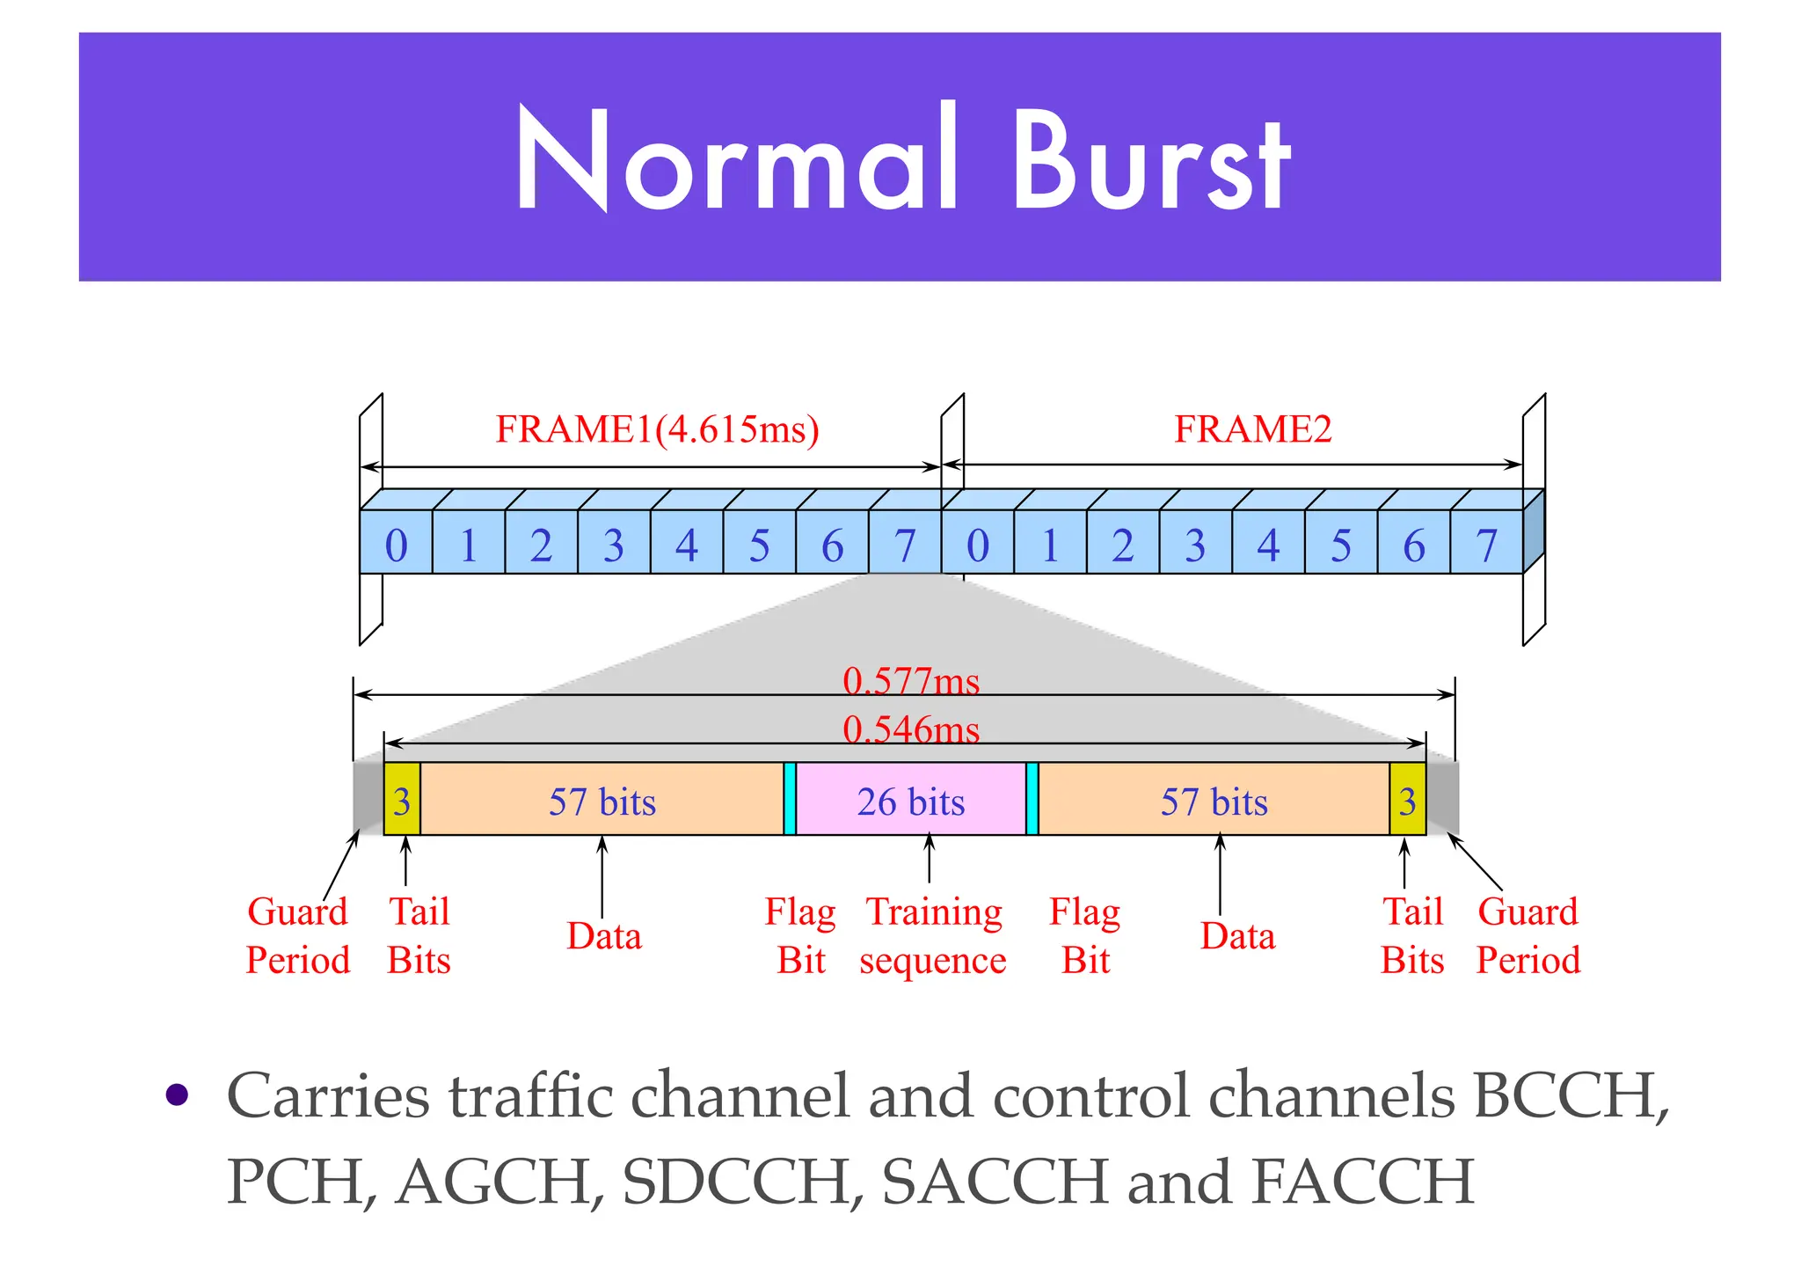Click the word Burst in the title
(1152, 160)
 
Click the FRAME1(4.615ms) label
(657, 429)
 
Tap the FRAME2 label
(1252, 429)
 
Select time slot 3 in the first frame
(614, 545)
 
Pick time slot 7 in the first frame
(905, 545)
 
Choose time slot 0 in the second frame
(977, 545)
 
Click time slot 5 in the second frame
(1340, 545)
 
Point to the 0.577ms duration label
(911, 681)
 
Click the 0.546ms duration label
(911, 729)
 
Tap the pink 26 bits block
(911, 801)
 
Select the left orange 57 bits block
(602, 801)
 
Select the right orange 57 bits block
(1214, 801)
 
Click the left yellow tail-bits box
(402, 801)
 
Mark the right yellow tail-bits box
(1407, 801)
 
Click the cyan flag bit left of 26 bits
(790, 799)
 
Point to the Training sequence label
(933, 935)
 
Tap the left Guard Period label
(298, 935)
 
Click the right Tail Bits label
(1412, 935)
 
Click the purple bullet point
(178, 1095)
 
